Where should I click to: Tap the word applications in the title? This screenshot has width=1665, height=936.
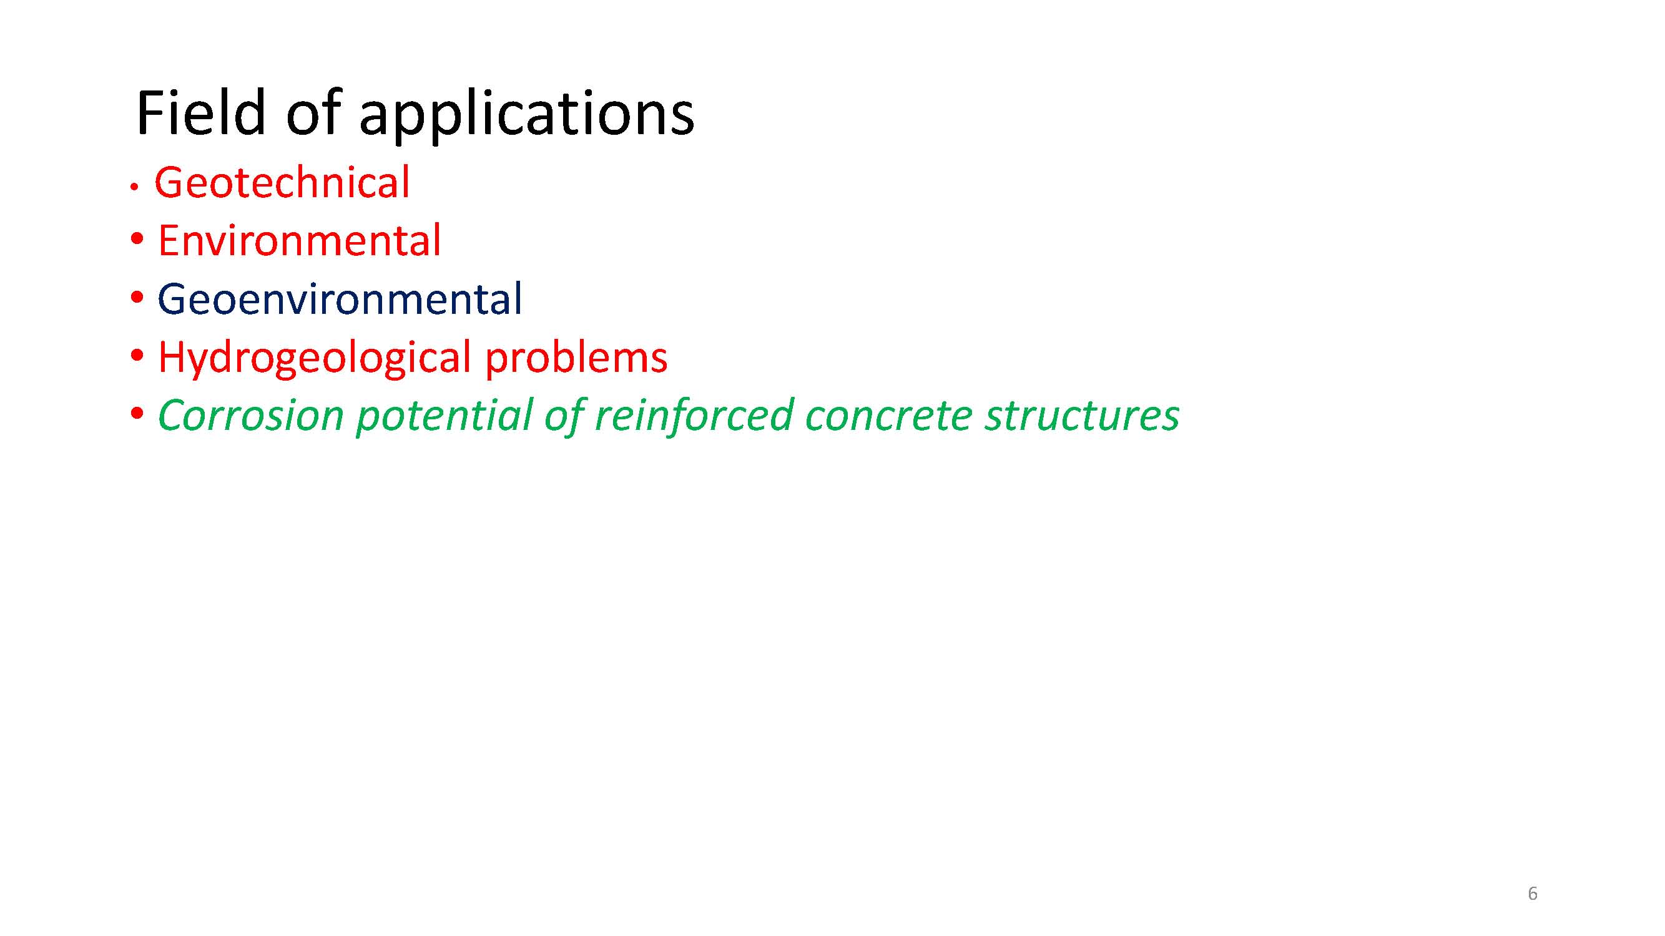click(x=527, y=116)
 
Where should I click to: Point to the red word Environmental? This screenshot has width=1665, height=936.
click(x=299, y=240)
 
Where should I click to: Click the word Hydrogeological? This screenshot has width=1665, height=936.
click(x=314, y=359)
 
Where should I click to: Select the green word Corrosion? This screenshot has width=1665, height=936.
click(x=251, y=416)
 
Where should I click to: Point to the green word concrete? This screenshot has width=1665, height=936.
click(x=889, y=417)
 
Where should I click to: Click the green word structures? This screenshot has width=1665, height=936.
click(x=1082, y=417)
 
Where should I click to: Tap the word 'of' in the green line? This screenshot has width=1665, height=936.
click(x=564, y=417)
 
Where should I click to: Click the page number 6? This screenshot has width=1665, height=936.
click(x=1533, y=894)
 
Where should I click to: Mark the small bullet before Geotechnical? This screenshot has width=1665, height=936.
click(x=134, y=187)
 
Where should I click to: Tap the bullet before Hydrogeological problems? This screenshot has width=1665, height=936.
click(x=136, y=356)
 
